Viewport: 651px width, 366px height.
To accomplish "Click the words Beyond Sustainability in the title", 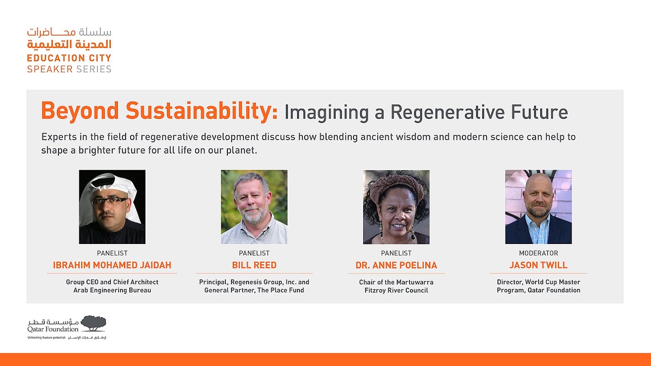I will [159, 111].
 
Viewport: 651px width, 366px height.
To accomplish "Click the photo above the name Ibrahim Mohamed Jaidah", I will [112, 207].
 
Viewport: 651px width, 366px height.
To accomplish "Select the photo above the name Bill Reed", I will [254, 207].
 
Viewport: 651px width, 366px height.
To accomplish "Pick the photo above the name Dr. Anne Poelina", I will [396, 207].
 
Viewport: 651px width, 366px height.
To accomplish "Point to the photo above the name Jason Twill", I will [538, 207].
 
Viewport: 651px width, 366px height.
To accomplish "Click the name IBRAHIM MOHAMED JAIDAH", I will [112, 265].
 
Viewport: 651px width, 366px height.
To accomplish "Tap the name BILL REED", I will [254, 265].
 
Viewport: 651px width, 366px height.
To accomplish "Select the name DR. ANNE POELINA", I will [396, 265].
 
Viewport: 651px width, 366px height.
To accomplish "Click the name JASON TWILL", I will [538, 265].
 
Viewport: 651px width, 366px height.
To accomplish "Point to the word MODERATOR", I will [538, 253].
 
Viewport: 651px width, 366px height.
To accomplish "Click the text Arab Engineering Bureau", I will [112, 290].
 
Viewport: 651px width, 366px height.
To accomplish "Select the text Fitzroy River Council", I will [396, 290].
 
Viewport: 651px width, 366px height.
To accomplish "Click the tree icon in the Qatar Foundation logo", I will [93, 323].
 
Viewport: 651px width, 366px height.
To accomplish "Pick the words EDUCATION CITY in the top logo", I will [69, 58].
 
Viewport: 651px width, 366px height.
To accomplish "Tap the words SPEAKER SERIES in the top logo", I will [69, 69].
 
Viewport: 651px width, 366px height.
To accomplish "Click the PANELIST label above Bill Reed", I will [254, 253].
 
